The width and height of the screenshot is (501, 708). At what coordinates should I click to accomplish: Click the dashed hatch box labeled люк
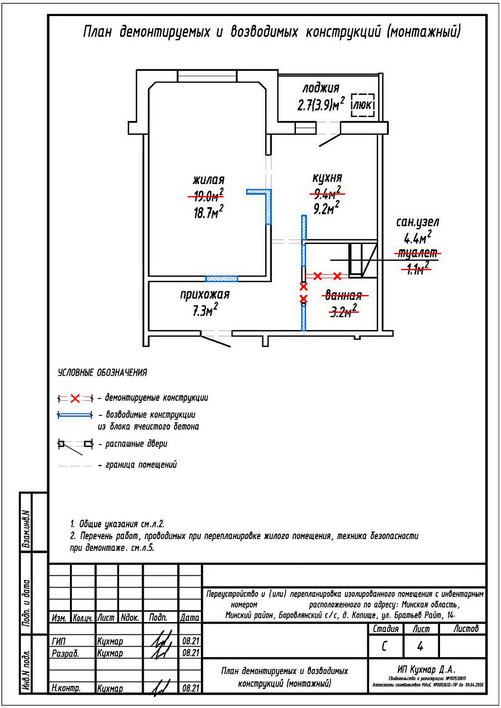[x=363, y=105]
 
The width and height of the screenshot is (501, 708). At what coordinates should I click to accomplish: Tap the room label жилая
[x=208, y=180]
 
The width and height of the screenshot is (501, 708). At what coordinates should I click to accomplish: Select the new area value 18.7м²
[x=208, y=212]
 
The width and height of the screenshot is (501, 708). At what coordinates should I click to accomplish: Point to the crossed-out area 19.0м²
[x=206, y=195]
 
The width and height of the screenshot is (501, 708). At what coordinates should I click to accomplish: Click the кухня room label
[x=327, y=178]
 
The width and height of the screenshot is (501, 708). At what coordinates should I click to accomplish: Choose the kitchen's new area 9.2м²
[x=326, y=208]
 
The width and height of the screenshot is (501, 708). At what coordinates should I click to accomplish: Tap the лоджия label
[x=321, y=88]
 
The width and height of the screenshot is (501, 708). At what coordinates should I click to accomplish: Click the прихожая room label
[x=205, y=295]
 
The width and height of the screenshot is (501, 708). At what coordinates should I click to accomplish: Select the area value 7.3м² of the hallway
[x=205, y=311]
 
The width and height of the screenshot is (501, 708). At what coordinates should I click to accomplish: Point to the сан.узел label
[x=417, y=222]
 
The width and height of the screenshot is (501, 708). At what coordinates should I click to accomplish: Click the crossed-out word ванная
[x=344, y=295]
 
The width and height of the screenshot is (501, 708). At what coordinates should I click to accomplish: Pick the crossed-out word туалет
[x=418, y=253]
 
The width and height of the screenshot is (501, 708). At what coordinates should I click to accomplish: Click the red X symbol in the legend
[x=75, y=398]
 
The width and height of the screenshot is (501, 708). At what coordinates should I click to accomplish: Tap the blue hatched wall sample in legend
[x=75, y=415]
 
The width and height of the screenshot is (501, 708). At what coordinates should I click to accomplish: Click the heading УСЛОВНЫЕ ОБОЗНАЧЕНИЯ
[x=102, y=373]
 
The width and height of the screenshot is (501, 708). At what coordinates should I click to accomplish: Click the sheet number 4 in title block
[x=420, y=646]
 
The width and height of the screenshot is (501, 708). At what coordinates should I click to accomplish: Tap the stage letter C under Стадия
[x=385, y=646]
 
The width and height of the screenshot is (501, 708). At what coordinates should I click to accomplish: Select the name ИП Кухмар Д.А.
[x=426, y=669]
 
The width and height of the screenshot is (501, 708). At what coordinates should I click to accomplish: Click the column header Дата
[x=190, y=617]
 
